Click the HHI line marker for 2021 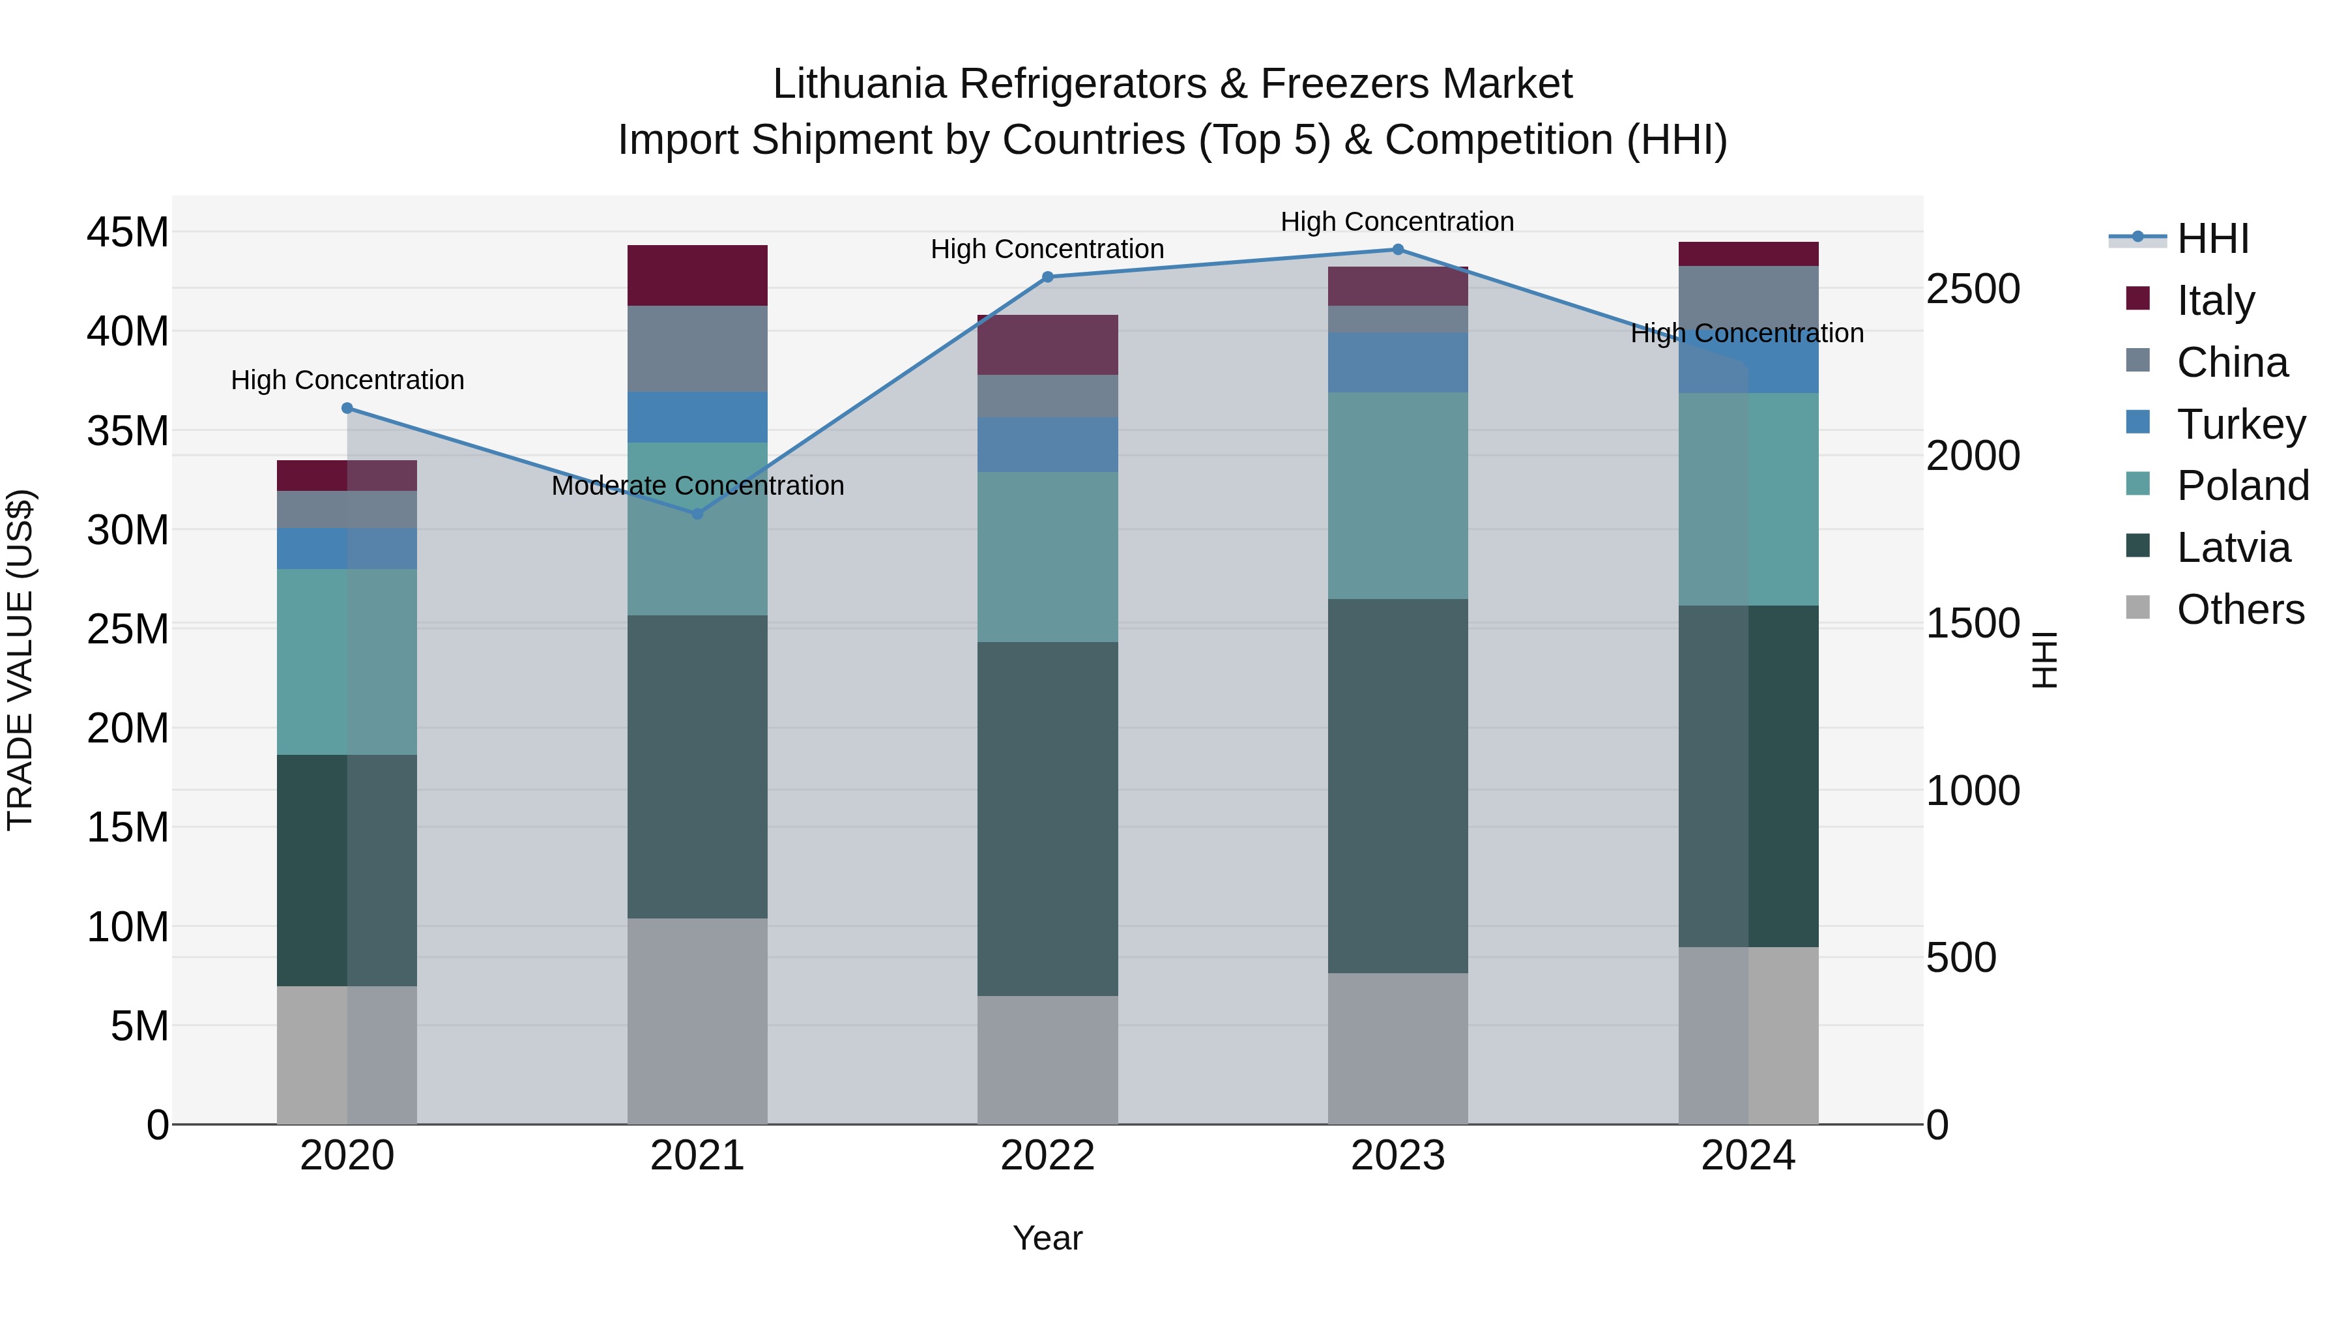point(697,514)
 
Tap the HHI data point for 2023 point(1398,250)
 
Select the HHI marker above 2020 point(347,408)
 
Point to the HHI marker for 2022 point(1047,277)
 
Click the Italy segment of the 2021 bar point(697,275)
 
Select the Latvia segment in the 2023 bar point(1398,785)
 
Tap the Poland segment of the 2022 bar point(1047,557)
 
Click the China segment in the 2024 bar point(1748,296)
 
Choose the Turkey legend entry point(2240,424)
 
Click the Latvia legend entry point(2233,548)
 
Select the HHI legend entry point(2212,239)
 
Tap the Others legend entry point(2240,609)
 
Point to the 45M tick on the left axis point(128,232)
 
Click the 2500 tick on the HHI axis point(1973,289)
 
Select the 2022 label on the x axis point(1047,1156)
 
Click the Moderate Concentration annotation point(697,486)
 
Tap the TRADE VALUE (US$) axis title point(20,660)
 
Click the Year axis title point(1047,1238)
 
